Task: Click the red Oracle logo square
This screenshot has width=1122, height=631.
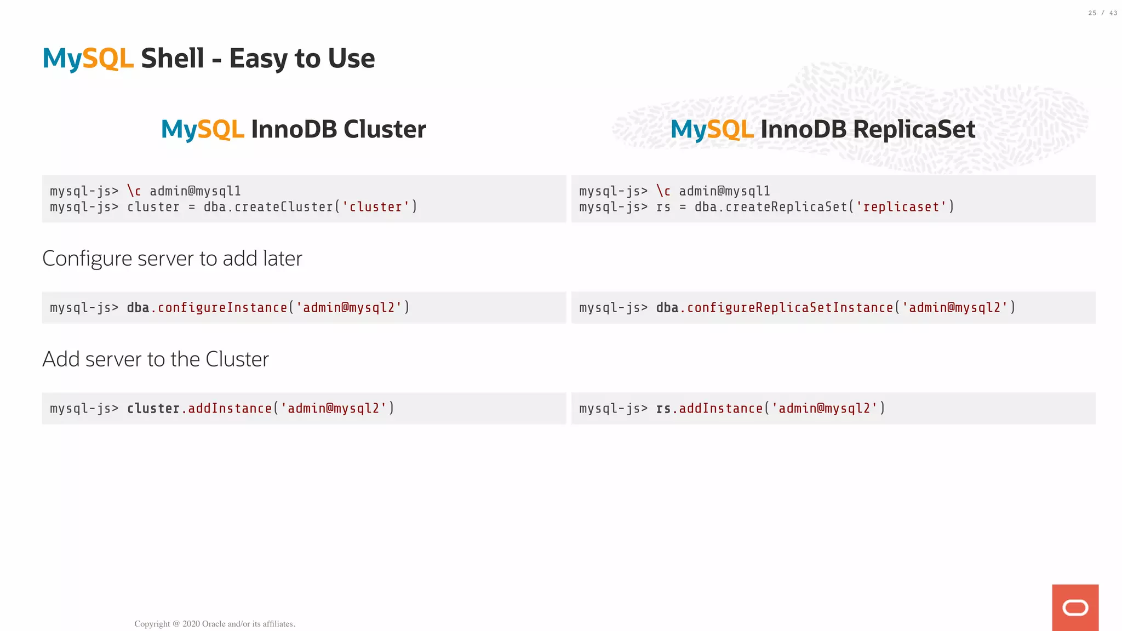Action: tap(1075, 607)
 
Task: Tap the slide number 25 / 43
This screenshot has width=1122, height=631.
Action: tap(1102, 13)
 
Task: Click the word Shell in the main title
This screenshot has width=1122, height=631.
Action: tap(172, 59)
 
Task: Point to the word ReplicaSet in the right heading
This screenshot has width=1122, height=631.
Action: tap(914, 129)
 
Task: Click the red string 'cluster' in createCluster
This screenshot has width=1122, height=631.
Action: tap(376, 207)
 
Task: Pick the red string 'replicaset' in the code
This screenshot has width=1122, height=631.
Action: tap(901, 207)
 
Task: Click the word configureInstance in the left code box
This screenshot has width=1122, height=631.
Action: tap(222, 308)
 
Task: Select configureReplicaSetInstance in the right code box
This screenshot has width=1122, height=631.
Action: tap(790, 308)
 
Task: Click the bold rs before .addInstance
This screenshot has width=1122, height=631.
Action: tap(663, 409)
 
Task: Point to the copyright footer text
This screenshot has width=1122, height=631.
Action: tap(215, 624)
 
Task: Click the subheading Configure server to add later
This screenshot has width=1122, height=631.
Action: tap(172, 259)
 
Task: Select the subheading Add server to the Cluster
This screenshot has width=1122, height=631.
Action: tap(156, 359)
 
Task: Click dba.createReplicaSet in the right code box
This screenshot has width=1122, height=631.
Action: tap(771, 207)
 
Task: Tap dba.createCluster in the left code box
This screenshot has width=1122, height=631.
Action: tap(268, 207)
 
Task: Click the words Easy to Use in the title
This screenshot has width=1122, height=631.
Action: tap(302, 59)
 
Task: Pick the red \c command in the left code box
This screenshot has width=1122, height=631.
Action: tap(134, 191)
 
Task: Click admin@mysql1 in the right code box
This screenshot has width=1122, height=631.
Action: tap(724, 191)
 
